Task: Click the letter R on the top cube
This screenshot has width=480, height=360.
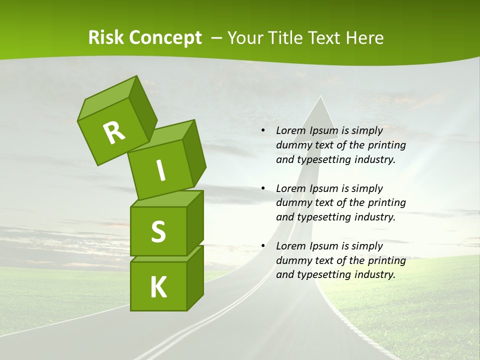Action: coord(114,132)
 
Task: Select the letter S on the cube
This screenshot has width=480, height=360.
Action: coord(158,231)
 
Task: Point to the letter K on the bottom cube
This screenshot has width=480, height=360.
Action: coord(158,287)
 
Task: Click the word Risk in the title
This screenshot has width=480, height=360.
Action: coord(106,38)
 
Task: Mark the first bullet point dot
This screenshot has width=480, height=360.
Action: coord(263,131)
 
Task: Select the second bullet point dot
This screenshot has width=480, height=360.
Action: coord(263,189)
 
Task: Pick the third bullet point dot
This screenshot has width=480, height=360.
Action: coord(263,246)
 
